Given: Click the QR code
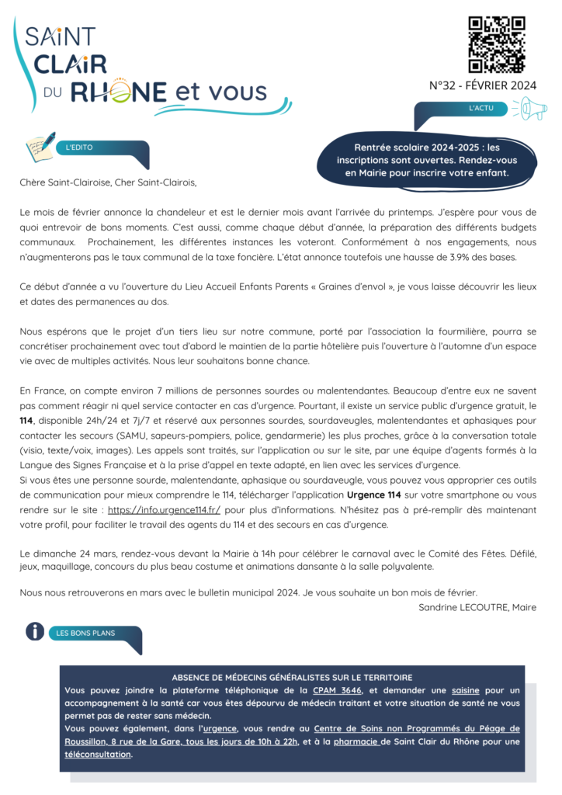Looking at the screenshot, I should point(497,44).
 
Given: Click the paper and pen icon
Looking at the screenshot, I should point(40,144).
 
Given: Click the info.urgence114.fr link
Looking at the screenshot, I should point(165,510).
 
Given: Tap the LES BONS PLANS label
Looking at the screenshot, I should point(85,633).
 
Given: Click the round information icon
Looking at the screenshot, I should point(34,631).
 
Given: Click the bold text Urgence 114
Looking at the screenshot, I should point(376,495).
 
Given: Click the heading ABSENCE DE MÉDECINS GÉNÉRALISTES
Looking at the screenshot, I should point(291,677).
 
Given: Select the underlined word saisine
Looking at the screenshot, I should point(443,690).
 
